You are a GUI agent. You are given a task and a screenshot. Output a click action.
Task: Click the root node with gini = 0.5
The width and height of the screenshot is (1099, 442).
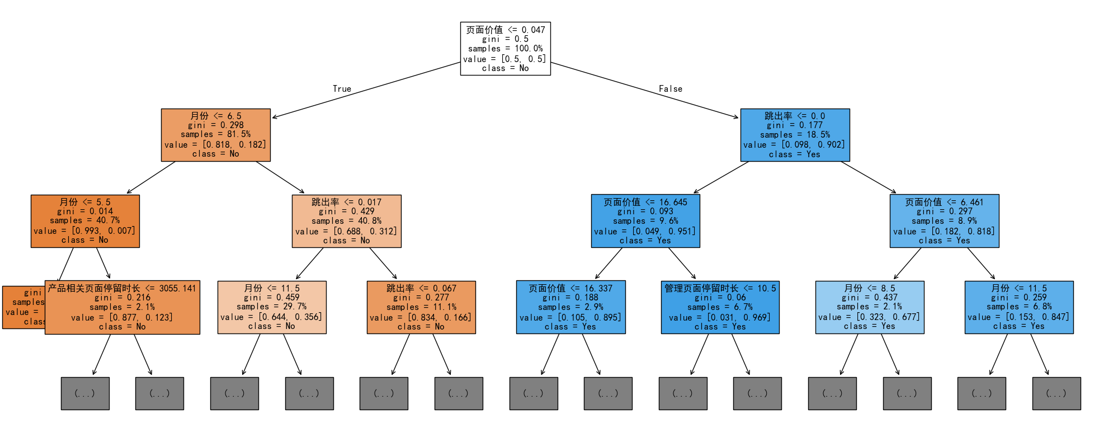tap(505, 49)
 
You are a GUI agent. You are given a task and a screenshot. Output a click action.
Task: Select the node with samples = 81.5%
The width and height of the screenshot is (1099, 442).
tap(216, 135)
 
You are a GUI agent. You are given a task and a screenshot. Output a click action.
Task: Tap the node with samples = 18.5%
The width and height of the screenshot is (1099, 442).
tap(795, 135)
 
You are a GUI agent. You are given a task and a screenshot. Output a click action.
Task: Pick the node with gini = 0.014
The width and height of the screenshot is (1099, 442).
tap(85, 221)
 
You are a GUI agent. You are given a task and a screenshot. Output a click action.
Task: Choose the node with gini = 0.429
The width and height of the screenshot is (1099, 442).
tap(346, 221)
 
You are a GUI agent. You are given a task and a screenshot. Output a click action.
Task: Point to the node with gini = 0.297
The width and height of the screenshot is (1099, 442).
tap(944, 221)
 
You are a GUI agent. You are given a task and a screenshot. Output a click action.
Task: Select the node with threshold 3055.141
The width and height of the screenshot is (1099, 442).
tap(122, 307)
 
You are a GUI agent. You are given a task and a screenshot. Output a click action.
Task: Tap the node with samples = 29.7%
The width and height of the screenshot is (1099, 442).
tap(272, 307)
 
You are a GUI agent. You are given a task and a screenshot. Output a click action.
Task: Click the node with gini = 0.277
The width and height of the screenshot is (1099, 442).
tap(421, 307)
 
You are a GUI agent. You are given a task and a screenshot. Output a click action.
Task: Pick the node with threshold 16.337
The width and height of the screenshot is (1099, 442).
tap(570, 307)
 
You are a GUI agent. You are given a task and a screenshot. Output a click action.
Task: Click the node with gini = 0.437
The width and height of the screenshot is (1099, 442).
tap(870, 307)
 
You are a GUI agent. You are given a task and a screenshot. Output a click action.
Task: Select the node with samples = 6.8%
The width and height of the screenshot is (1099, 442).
tap(1019, 307)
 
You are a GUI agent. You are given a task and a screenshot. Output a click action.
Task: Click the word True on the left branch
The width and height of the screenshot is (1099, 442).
tap(342, 89)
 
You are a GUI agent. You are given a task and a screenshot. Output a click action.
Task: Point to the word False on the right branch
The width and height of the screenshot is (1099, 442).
tap(670, 89)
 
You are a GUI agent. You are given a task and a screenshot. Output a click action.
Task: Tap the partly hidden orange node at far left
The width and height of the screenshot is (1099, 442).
tap(23, 307)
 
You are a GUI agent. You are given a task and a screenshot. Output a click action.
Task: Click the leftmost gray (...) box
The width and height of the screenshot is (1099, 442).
tap(85, 393)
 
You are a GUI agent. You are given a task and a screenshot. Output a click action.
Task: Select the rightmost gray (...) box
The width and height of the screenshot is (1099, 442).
tap(1056, 393)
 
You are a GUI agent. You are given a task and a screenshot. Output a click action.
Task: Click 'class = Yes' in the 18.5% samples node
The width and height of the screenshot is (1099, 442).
tap(795, 154)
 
